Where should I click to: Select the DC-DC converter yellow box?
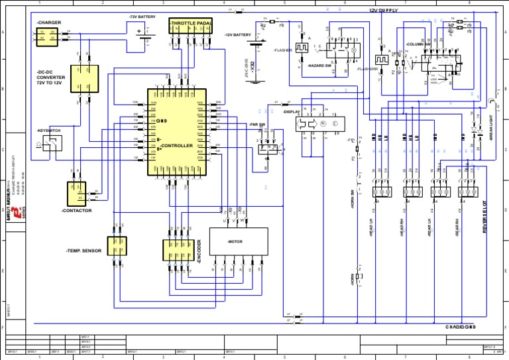[84, 79]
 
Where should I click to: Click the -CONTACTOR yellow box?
[76, 194]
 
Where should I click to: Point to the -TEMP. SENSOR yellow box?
[117, 250]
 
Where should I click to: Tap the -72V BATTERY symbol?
[143, 32]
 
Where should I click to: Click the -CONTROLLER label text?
[176, 145]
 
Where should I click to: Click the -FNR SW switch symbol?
[269, 147]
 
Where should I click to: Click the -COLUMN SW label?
[418, 44]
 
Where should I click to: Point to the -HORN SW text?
[353, 199]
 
